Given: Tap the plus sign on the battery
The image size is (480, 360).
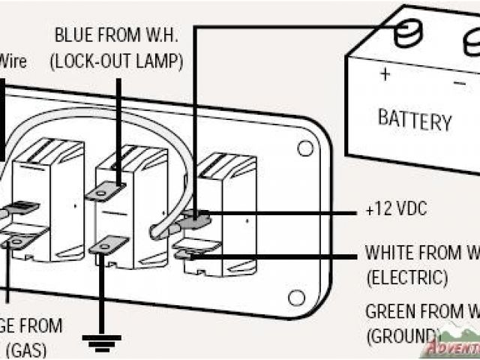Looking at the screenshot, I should (x=385, y=74).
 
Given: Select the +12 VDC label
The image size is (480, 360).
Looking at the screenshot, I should (x=396, y=210).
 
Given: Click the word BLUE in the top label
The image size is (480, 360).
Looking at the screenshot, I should (x=73, y=34).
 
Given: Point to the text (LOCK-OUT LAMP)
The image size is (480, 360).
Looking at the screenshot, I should (x=116, y=61).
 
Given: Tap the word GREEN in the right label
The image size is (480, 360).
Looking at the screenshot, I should (x=391, y=310).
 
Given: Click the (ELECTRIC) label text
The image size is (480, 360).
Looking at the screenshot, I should (x=407, y=277).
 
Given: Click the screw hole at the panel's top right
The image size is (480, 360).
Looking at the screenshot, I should (x=304, y=148).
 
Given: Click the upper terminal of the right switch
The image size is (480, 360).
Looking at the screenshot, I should (x=196, y=217).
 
